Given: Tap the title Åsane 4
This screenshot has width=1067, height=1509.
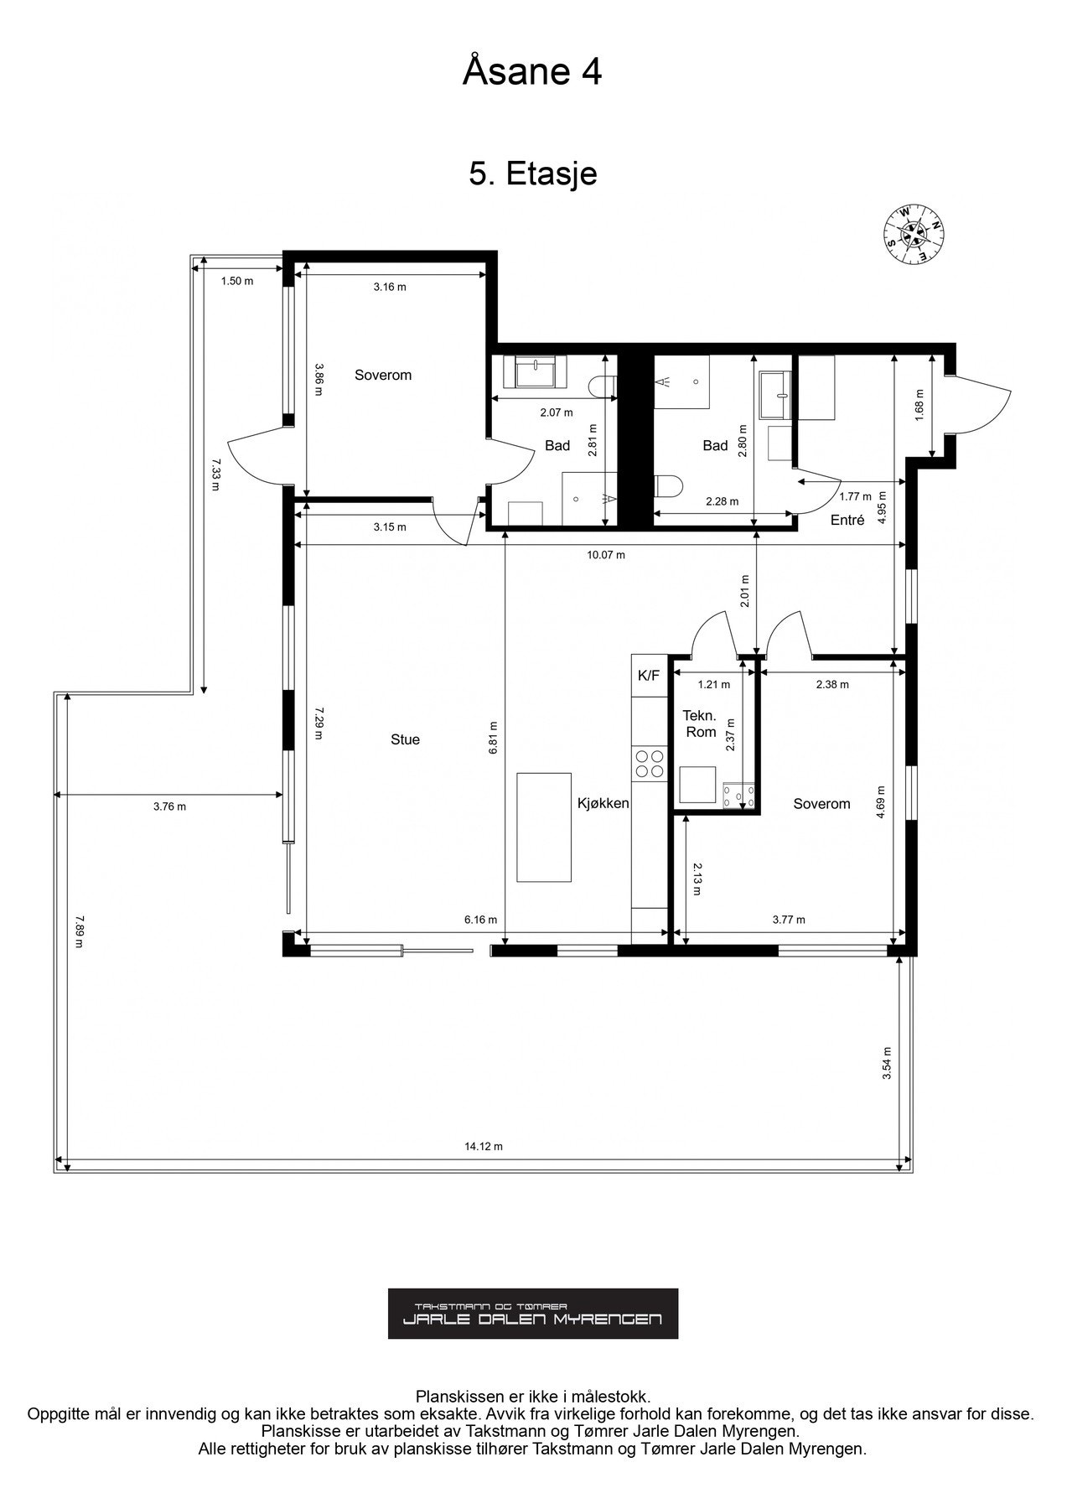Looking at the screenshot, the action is pyautogui.click(x=532, y=72).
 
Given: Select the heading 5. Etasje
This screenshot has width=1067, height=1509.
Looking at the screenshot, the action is pyautogui.click(x=533, y=174).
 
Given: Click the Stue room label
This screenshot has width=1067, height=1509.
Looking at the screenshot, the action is pyautogui.click(x=405, y=739).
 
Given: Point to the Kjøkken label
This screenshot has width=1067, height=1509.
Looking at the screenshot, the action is pyautogui.click(x=603, y=803).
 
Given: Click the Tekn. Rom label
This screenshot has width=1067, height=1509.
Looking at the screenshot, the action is pyautogui.click(x=700, y=723).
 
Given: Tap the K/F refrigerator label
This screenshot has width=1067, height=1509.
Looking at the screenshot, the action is pyautogui.click(x=649, y=676).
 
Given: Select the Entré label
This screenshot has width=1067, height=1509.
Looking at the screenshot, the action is pyautogui.click(x=847, y=520).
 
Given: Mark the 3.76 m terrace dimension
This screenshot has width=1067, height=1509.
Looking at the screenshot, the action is pyautogui.click(x=169, y=806).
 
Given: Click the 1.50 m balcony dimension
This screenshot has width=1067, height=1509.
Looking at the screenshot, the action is pyautogui.click(x=237, y=281).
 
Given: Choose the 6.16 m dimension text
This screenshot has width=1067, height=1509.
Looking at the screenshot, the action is pyautogui.click(x=480, y=919).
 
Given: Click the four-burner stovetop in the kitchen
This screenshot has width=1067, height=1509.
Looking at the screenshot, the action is pyautogui.click(x=649, y=763).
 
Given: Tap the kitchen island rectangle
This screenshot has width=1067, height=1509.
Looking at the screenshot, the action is pyautogui.click(x=545, y=827).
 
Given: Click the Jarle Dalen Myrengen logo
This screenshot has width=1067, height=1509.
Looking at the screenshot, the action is pyautogui.click(x=533, y=1314).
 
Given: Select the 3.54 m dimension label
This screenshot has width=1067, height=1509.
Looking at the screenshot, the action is pyautogui.click(x=887, y=1063).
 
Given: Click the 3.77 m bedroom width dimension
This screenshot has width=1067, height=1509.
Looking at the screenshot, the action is pyautogui.click(x=788, y=919).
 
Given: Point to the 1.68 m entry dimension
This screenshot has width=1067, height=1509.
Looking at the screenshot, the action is pyautogui.click(x=919, y=406).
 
